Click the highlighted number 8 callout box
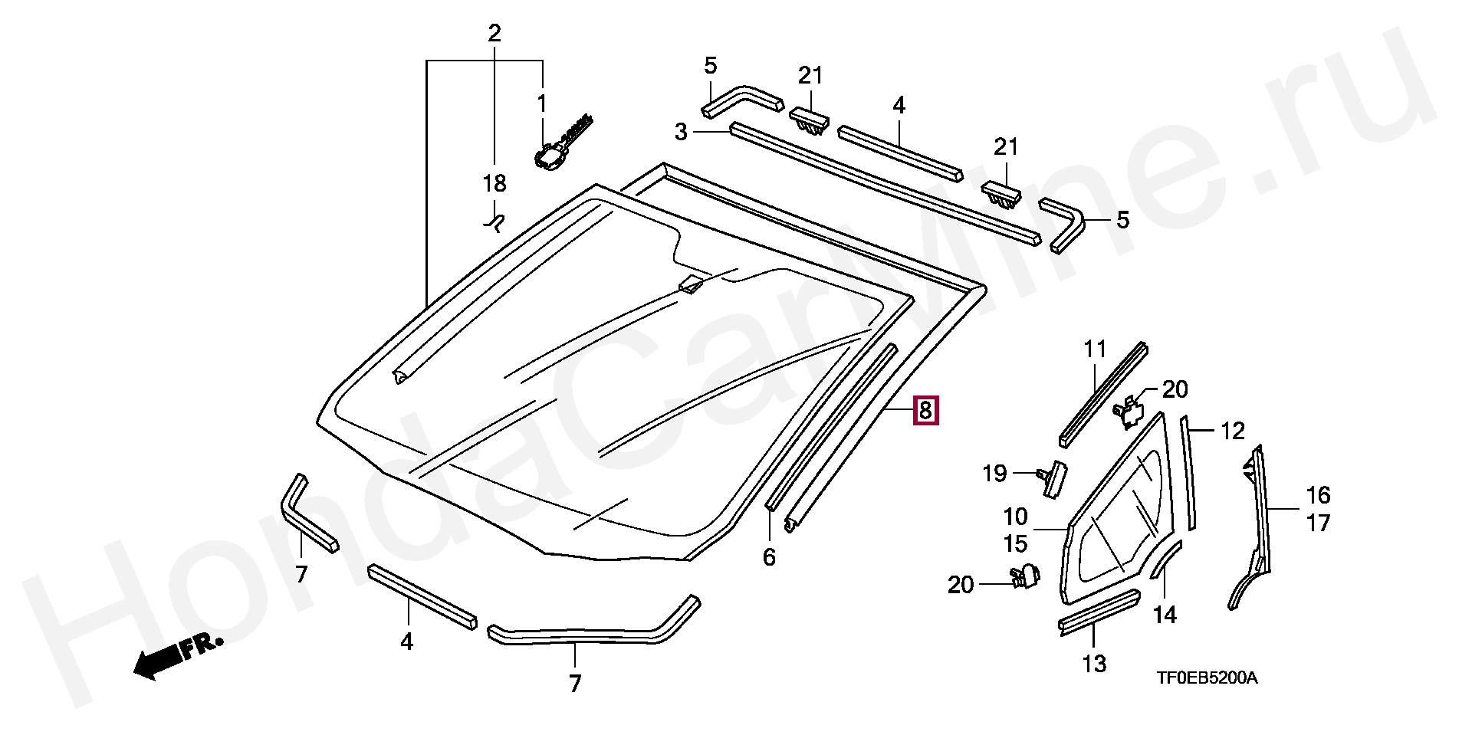point(925,411)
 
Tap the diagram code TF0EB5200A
point(1207,678)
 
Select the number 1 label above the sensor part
point(542,103)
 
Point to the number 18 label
point(495,184)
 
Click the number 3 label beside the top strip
point(681,132)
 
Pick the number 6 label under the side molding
point(769,557)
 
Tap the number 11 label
point(1096,349)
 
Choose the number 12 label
point(1232,431)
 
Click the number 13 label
point(1094,664)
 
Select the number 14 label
point(1165,614)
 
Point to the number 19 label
point(994,473)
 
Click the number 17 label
point(1318,523)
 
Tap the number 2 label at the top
point(495,34)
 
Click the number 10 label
point(1015,516)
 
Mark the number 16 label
point(1318,494)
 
